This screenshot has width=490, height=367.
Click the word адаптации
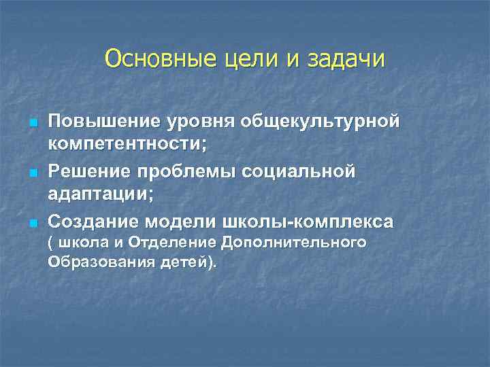point(98,195)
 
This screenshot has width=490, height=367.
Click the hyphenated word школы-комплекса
point(308,222)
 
